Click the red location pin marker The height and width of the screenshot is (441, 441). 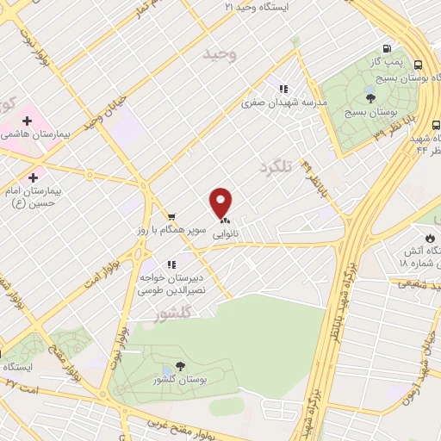click(x=221, y=202)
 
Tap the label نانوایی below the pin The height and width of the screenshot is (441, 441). click(x=226, y=233)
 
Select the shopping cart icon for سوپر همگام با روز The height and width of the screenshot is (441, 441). click(x=171, y=215)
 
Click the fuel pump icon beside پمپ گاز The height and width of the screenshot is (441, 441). click(x=388, y=49)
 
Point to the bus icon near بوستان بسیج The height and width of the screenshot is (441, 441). click(x=418, y=65)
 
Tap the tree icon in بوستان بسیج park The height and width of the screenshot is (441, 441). click(x=370, y=97)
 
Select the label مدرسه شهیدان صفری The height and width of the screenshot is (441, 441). click(x=284, y=102)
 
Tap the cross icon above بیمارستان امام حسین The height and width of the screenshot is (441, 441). click(x=33, y=177)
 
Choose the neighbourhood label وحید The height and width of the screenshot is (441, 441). click(x=220, y=54)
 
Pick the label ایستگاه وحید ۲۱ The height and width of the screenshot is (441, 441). click(x=267, y=6)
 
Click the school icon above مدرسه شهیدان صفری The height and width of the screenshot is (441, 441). click(x=282, y=88)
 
